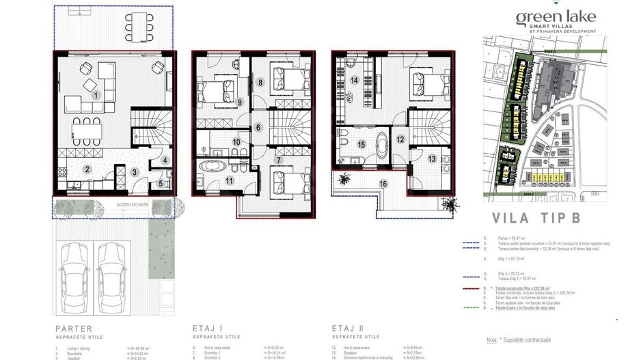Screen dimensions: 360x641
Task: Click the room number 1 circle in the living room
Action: [x=97, y=95]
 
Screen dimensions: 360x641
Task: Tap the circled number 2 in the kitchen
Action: [x=87, y=169]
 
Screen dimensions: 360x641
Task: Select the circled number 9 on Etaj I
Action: [x=240, y=102]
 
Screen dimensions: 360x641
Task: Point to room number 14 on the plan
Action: [x=354, y=80]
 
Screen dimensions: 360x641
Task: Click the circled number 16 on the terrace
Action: [x=383, y=183]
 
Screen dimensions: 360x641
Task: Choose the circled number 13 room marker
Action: [x=431, y=158]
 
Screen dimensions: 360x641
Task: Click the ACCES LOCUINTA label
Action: [x=113, y=204]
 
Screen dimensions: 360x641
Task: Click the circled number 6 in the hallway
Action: [x=258, y=127]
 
